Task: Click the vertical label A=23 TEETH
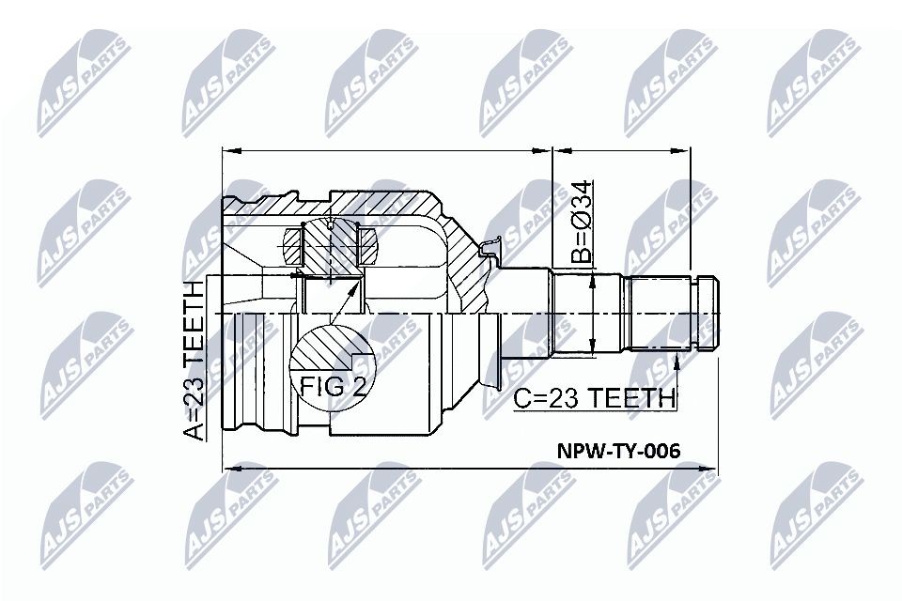point(194,359)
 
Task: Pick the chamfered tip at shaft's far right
point(713,312)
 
